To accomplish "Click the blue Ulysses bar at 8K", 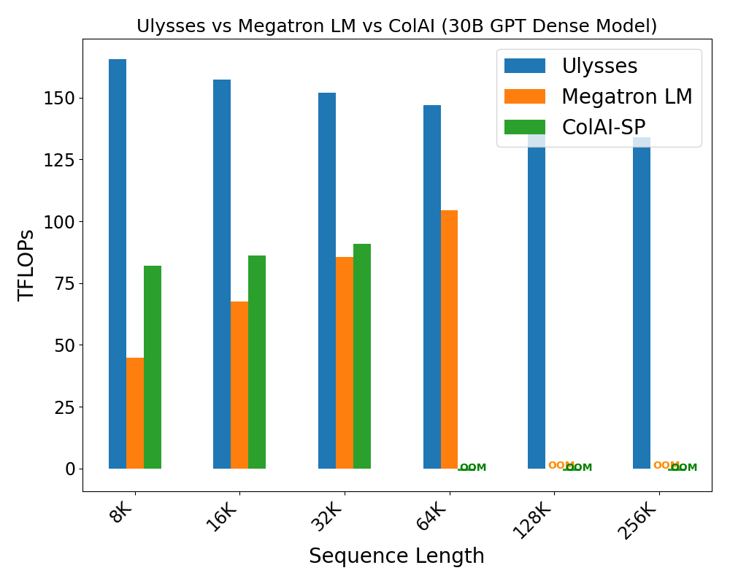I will (x=118, y=264).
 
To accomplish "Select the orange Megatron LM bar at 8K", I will (x=135, y=412).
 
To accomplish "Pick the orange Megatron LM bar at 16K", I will (x=239, y=385).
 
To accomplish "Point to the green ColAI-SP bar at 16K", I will (x=257, y=362).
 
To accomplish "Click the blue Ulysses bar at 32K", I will (x=327, y=280).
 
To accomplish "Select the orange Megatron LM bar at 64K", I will (x=449, y=339).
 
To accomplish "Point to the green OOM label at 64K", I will (x=473, y=468).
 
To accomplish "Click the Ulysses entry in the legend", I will (x=599, y=66).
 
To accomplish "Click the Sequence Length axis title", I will (x=396, y=556).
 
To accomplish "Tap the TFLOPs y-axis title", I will (x=27, y=265).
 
